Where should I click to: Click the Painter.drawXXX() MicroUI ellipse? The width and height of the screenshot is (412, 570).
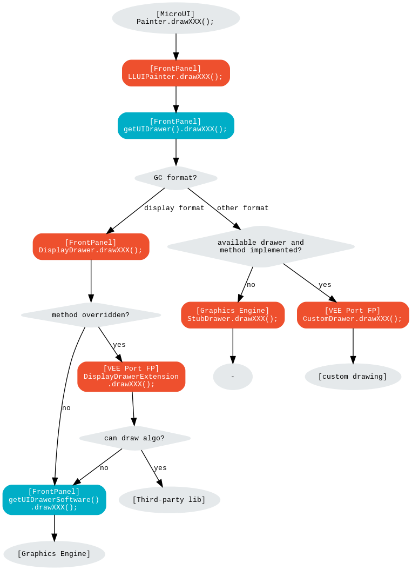coord(175,18)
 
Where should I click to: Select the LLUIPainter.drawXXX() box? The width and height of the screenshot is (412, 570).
coord(175,73)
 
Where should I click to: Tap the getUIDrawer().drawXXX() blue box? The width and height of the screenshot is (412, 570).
coord(175,125)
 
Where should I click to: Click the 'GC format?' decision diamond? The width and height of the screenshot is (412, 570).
coord(175,178)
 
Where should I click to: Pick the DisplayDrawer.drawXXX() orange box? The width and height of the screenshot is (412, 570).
coord(91,246)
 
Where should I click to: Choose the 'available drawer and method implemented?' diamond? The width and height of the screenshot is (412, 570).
coord(261,246)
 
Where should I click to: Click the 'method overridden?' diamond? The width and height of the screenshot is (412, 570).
coord(91,315)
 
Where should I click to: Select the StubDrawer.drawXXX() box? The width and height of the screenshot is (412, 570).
coord(233,315)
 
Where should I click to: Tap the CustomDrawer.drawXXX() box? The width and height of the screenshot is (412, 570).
coord(353,315)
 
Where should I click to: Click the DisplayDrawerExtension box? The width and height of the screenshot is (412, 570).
coord(131,377)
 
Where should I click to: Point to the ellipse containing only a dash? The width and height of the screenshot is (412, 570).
coord(233,377)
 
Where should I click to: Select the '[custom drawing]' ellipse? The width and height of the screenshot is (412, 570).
coord(353,377)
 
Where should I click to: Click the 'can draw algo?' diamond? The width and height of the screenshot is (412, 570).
coord(134,438)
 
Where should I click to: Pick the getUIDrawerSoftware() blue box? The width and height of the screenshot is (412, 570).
coord(54,500)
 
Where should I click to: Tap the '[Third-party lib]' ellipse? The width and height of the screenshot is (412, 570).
coord(169,500)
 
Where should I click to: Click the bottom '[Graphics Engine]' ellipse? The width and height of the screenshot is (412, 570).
coord(54,554)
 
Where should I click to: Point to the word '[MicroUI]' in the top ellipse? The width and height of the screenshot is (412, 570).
coord(175,14)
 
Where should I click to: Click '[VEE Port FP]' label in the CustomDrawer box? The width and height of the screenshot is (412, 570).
coord(353,311)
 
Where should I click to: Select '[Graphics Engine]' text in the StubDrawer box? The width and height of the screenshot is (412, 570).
coord(233,311)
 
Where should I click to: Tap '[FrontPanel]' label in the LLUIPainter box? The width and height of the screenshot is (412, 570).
coord(175,69)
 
